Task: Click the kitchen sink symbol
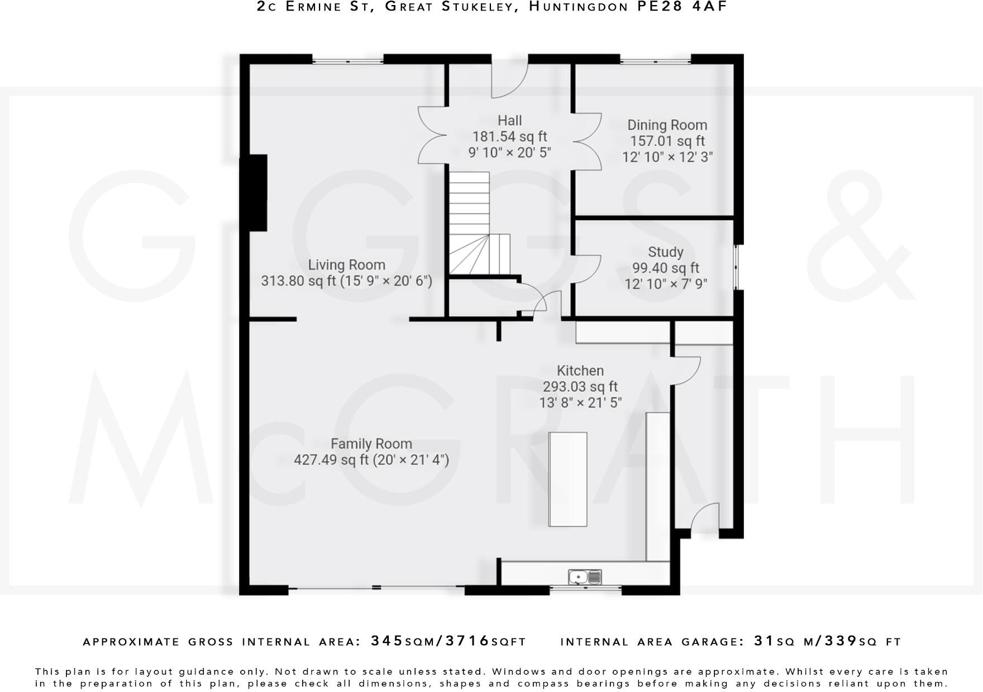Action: coord(585,576)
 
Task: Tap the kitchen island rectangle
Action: coord(568,479)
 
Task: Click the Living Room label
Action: coord(346,265)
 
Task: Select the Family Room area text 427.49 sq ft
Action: coord(331,460)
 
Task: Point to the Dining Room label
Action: coord(667,125)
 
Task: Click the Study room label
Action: coord(665,252)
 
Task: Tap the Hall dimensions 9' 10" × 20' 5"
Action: coord(509,152)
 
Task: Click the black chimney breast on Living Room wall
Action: coord(254,193)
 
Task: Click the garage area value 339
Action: coord(841,641)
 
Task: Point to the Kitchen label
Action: coord(580,371)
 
